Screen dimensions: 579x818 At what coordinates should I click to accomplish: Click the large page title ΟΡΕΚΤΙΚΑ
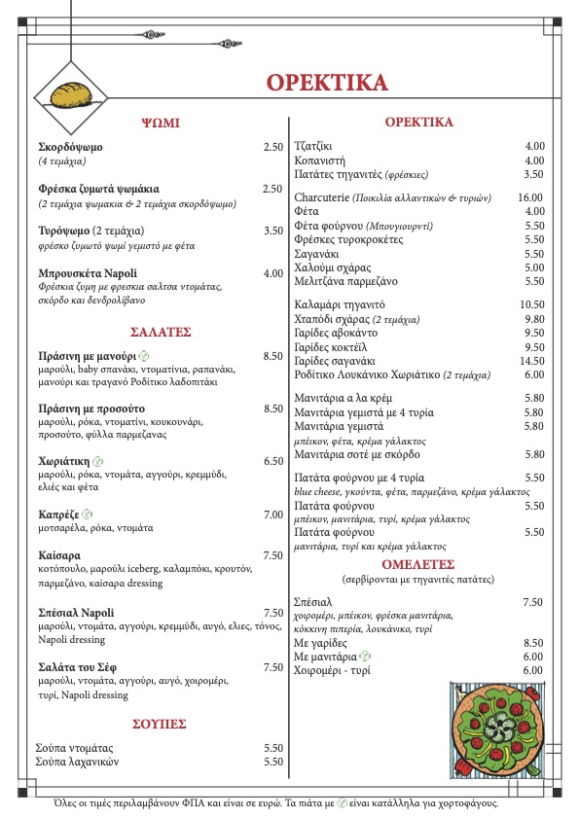326,82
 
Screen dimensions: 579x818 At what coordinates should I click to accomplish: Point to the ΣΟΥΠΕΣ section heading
160,725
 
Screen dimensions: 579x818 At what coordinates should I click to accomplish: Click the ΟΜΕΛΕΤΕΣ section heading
418,563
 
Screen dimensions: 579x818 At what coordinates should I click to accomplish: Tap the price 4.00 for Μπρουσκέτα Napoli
272,273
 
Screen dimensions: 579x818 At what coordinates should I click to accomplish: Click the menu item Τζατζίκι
313,146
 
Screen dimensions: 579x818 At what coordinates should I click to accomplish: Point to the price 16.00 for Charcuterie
530,197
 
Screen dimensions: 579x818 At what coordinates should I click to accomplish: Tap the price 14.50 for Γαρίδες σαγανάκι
530,360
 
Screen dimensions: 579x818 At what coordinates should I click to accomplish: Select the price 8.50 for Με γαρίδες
532,643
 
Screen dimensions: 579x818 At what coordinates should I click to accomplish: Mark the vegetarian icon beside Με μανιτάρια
365,657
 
